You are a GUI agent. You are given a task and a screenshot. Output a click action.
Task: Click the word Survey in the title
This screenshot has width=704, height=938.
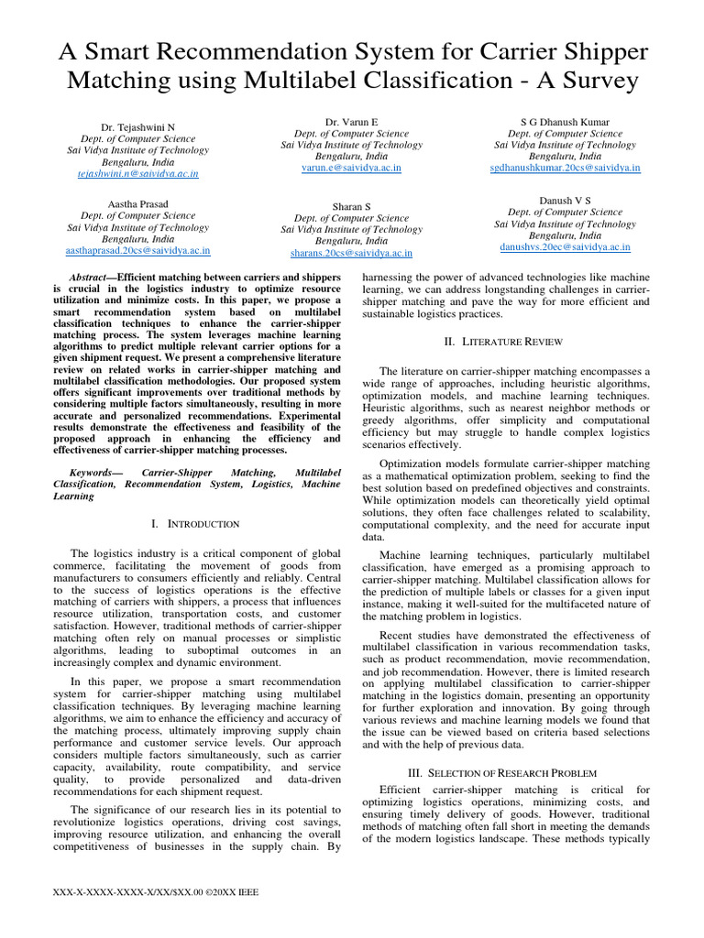pos(591,81)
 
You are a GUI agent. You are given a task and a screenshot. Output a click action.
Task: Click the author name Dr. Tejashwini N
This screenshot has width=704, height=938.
pos(137,126)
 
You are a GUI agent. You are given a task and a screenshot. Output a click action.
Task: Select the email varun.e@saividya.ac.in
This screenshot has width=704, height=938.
pos(351,169)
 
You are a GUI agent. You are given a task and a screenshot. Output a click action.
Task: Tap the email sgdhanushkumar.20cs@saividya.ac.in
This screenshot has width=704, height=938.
pos(565,169)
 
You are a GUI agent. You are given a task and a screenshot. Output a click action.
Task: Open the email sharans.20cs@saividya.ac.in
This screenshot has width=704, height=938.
pos(351,254)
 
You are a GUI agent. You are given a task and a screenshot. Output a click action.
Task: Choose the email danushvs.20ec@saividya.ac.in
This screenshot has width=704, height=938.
pos(565,247)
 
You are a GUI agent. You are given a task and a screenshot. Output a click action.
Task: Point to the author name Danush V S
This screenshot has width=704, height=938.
pos(565,199)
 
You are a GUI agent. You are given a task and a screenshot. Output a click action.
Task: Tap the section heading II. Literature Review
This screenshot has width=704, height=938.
pos(506,342)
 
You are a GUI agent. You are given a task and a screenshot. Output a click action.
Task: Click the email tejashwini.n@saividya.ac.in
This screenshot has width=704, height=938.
pos(137,173)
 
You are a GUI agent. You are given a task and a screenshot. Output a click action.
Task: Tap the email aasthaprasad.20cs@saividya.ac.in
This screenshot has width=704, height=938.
pos(137,250)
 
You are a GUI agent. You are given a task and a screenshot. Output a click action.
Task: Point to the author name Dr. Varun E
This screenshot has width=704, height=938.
pos(351,121)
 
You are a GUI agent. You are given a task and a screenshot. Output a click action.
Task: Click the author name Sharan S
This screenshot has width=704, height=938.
pos(351,207)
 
